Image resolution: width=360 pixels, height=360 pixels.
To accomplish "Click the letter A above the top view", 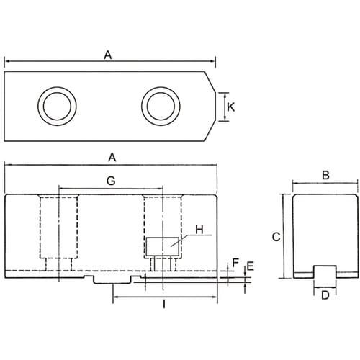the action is [108, 55].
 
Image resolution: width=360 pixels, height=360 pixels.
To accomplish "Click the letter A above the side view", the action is [112, 158].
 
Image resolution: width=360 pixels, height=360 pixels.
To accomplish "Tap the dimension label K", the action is [230, 107].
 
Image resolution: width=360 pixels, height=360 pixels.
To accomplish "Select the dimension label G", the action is [111, 181].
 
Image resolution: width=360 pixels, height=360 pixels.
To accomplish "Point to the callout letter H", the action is [199, 230].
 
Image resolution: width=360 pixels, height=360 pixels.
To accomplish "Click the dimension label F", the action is [235, 263].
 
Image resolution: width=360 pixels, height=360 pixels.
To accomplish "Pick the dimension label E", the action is [251, 266].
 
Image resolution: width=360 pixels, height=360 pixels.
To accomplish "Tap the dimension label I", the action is [164, 305].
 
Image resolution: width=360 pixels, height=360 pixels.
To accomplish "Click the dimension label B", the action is [325, 175].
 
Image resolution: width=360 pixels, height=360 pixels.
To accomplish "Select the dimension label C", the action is [276, 237].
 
